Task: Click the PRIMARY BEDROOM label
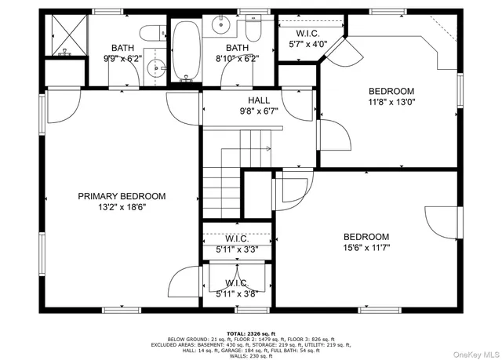coord(121,196)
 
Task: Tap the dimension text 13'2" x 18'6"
coord(121,207)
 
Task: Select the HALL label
coord(259,100)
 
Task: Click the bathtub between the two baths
coord(186,50)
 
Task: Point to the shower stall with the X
coord(65,35)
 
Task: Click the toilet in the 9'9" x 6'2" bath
coord(151,33)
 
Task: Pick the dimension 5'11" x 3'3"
coord(237,249)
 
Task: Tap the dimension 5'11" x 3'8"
coord(237,294)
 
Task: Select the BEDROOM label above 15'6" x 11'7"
coord(366,237)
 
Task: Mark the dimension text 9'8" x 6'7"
coord(259,111)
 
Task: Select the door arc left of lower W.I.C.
coord(186,282)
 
